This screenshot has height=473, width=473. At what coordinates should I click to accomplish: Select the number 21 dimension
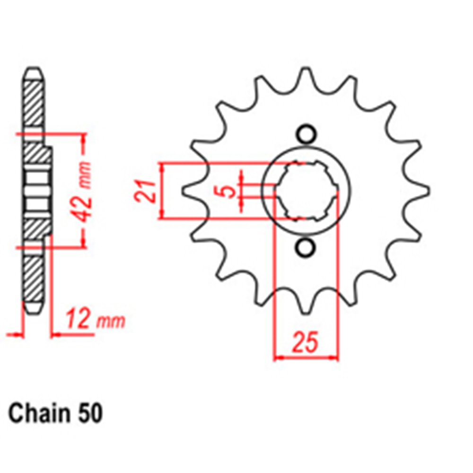point(145,191)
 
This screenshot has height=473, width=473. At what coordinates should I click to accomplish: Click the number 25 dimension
point(305,342)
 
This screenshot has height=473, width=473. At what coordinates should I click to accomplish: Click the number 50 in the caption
point(90,413)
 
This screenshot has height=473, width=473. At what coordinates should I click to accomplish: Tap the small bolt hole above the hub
point(306,134)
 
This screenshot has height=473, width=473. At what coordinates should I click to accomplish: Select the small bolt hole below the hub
point(306,248)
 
